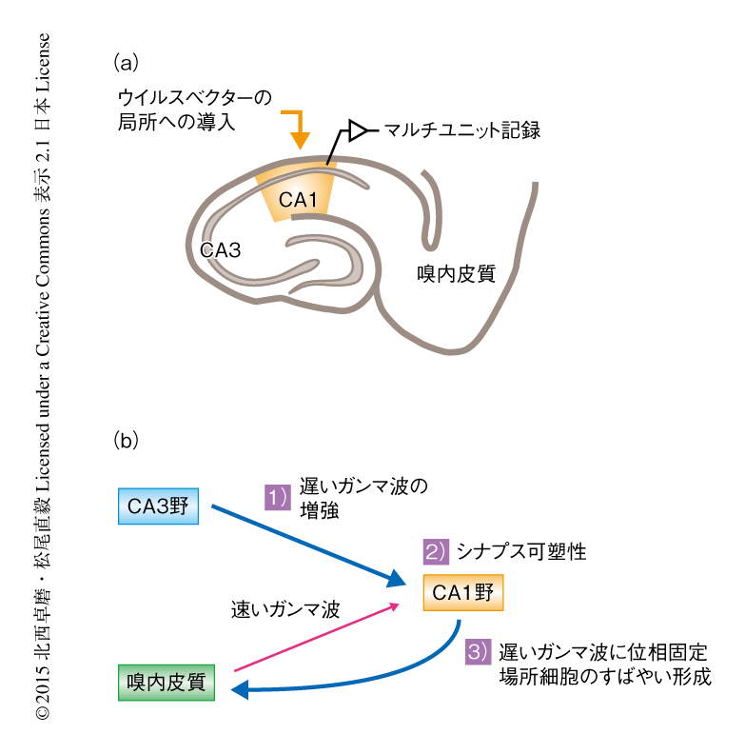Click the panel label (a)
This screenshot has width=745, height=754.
pos(127,63)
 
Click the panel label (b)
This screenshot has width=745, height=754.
pos(127,440)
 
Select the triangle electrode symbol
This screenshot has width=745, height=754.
pos(358,129)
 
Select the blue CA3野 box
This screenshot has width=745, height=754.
pos(160,506)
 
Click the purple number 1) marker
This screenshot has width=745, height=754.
pos(276,495)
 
